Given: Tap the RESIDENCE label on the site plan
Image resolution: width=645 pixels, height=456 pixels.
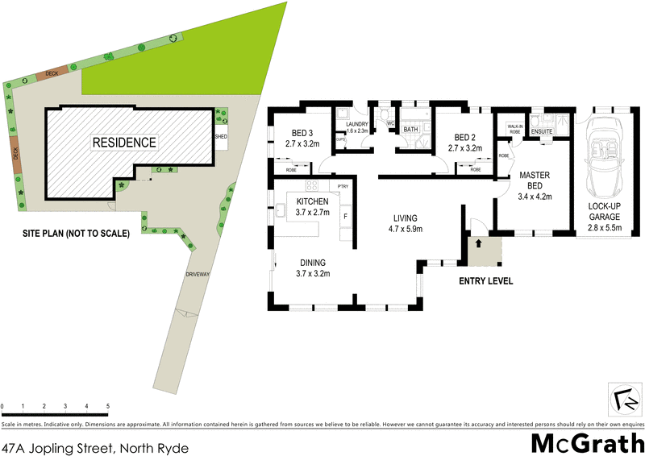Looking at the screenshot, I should (x=123, y=143).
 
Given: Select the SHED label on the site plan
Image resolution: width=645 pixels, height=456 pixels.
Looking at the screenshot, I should (x=220, y=137).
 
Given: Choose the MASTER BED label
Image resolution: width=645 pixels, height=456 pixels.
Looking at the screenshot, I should (x=534, y=180).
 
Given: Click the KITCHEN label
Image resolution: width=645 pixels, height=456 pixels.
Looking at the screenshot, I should (x=312, y=201).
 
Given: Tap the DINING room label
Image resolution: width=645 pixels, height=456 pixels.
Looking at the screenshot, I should (x=314, y=262).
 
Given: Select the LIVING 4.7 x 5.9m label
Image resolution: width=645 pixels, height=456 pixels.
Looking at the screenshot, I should (x=407, y=223).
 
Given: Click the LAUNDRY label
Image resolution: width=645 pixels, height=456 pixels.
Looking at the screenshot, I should (x=356, y=124).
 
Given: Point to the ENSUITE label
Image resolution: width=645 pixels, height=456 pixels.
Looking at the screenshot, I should (x=542, y=131).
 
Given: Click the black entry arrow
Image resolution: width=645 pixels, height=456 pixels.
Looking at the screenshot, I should (x=477, y=242).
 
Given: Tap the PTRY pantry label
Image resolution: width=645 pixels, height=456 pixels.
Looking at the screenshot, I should (x=343, y=187).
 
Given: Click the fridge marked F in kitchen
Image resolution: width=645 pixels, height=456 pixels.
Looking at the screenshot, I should (x=345, y=216).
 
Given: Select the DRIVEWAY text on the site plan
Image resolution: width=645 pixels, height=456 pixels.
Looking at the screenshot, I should (x=198, y=275).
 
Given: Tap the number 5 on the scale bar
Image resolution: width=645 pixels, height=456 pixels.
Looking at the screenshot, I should (x=107, y=405).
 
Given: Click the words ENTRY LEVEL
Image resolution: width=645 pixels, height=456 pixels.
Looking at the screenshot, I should (x=486, y=281).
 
